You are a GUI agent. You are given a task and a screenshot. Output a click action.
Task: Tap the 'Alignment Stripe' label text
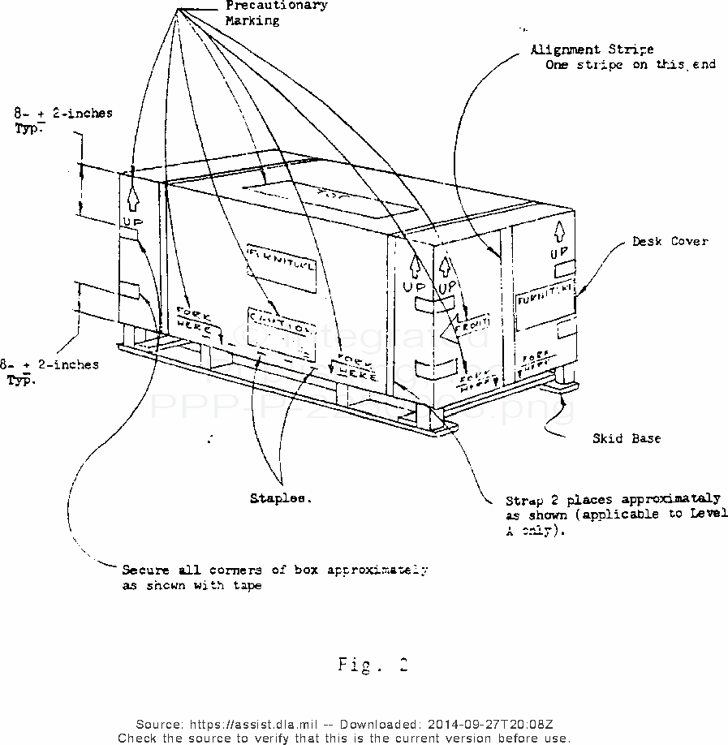point(592,50)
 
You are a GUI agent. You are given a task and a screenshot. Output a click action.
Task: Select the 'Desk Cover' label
point(670,241)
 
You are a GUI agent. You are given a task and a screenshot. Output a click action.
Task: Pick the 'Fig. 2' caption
point(372,665)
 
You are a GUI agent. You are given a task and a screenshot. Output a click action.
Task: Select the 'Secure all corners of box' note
point(274,570)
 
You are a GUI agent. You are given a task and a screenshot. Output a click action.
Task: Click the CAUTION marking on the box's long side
point(279,322)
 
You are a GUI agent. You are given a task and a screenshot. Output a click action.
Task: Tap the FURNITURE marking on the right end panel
point(545,289)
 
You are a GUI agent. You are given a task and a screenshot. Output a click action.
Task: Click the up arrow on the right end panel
point(559,230)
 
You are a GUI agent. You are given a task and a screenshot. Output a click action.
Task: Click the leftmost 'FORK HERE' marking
point(195,320)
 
